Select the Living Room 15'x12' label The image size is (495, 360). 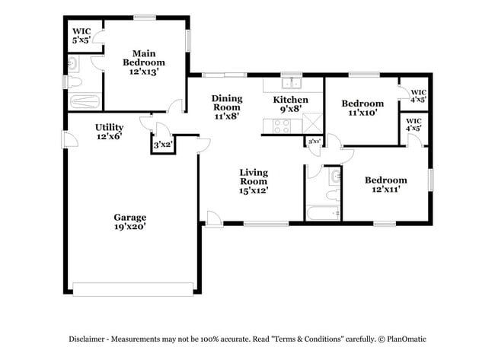tap(254, 180)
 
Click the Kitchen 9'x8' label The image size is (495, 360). tap(290, 104)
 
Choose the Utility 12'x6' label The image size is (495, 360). tap(108, 132)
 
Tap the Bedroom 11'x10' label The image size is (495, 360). tap(362, 107)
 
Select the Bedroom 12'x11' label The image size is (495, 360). tap(385, 185)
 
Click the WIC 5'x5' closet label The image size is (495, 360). tap(81, 36)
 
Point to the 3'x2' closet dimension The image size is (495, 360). tap(162, 145)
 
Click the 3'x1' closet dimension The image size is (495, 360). tap(313, 142)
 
